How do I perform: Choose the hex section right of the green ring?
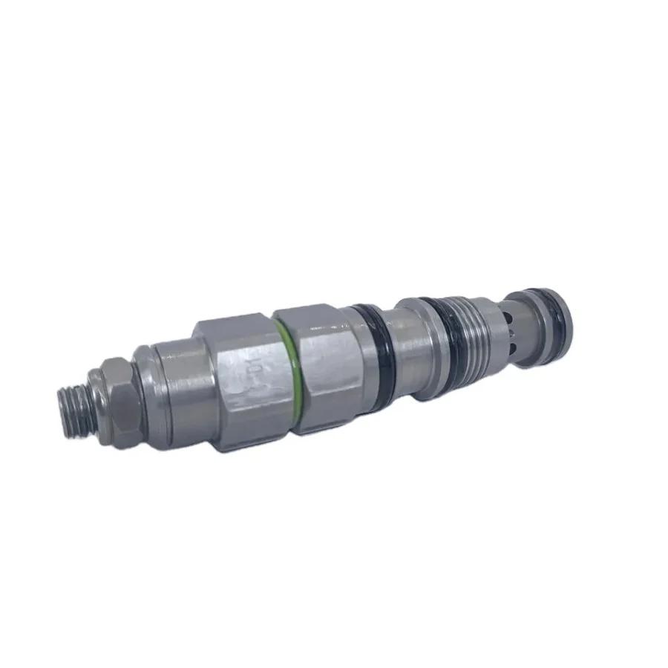coord(315,364)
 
